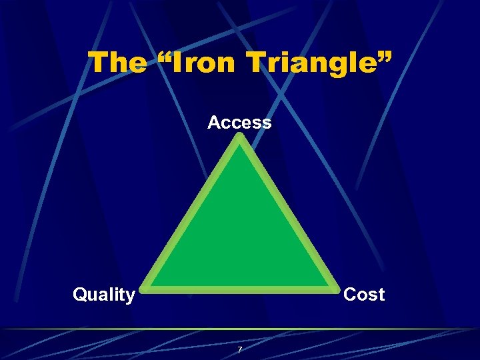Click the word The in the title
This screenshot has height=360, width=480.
117,63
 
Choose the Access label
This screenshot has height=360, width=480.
239,123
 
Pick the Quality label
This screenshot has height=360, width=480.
104,295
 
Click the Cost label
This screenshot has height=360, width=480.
364,295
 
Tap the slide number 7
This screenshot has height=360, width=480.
240,350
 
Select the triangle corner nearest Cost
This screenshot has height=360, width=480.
335,289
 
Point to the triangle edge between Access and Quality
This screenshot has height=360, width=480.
192,213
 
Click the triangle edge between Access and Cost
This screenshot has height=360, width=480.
288,213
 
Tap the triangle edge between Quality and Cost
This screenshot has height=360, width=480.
240,290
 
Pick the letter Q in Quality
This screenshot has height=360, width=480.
79,295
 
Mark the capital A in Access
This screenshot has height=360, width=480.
214,123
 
